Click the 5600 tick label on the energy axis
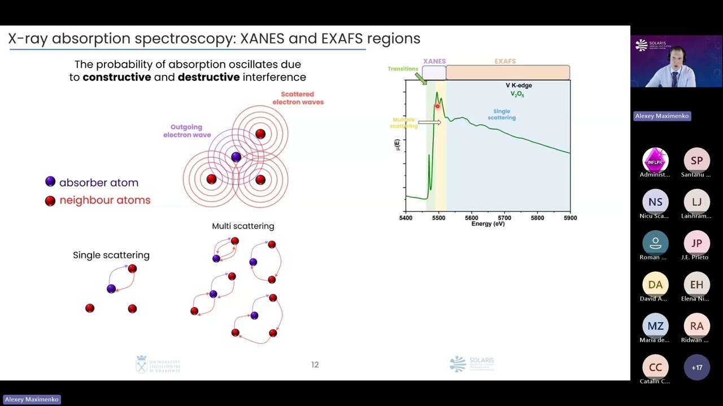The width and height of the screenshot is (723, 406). pos(472,218)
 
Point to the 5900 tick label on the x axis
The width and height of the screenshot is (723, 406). pos(570,218)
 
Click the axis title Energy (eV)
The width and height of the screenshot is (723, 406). pos(488,224)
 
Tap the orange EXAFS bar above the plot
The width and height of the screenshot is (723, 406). pos(507,73)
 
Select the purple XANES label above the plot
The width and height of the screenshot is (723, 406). pos(434,61)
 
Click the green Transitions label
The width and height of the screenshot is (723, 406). pos(402,69)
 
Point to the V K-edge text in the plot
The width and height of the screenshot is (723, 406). pos(519,86)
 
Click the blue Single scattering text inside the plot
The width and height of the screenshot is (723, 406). pos(502,114)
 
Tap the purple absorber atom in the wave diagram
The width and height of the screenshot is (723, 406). pos(236,157)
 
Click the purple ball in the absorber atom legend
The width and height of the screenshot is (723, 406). pos(50,182)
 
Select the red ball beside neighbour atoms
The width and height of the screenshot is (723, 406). pos(50,201)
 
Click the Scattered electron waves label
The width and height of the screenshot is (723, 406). pos(298,98)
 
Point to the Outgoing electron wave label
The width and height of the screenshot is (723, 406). pos(187,131)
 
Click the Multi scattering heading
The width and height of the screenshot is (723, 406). pos(243,226)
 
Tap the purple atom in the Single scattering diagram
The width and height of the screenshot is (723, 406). pos(111,289)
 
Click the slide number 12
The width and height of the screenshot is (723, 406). pos(315,365)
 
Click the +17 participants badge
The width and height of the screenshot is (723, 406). pos(696,367)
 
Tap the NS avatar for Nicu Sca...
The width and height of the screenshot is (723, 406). pos(655,202)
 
